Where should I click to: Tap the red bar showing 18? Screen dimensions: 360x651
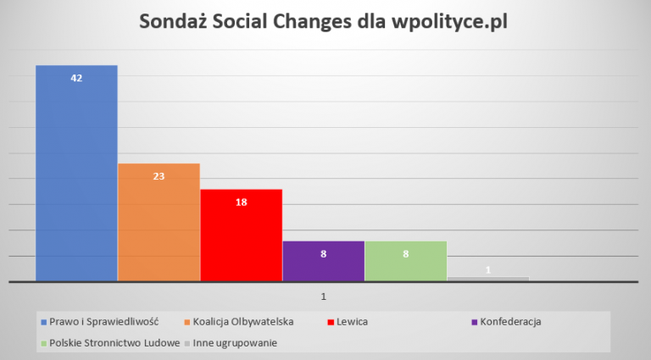point(241,237)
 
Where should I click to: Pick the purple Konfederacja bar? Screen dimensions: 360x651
point(323,261)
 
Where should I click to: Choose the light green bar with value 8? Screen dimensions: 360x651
point(405,261)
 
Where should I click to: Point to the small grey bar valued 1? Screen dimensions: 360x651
point(487,278)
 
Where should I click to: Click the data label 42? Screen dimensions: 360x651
point(76,78)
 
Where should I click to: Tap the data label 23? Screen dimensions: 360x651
point(159,176)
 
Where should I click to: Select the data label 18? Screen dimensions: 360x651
point(241,202)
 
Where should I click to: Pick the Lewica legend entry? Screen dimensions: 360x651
point(353,322)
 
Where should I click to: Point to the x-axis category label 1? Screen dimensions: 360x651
point(323,296)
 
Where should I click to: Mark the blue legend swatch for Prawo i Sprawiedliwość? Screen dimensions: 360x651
point(43,322)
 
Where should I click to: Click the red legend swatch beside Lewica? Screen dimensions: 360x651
point(330,322)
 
